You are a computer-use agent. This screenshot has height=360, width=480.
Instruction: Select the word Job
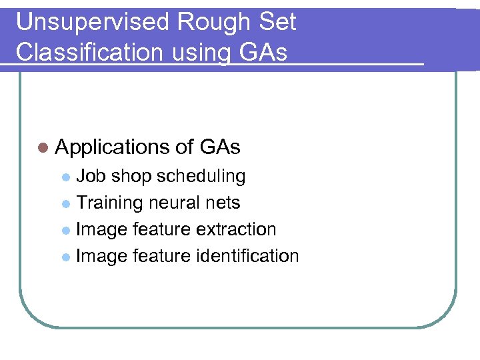[91, 176]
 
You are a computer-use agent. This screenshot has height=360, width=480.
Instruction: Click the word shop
[131, 177]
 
